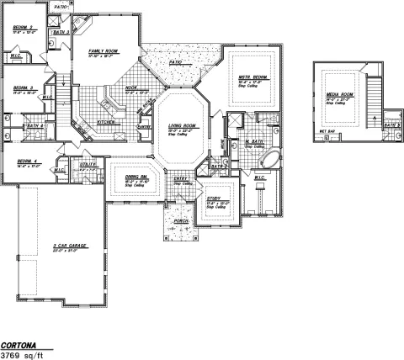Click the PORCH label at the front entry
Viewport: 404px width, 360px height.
[x=180, y=221]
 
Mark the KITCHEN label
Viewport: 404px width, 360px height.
[x=106, y=122]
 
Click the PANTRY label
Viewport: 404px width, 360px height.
[x=144, y=127]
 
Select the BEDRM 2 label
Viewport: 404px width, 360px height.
[x=22, y=28]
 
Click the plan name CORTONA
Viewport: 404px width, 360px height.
[x=20, y=345]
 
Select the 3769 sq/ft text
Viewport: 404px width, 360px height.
[x=24, y=355]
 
